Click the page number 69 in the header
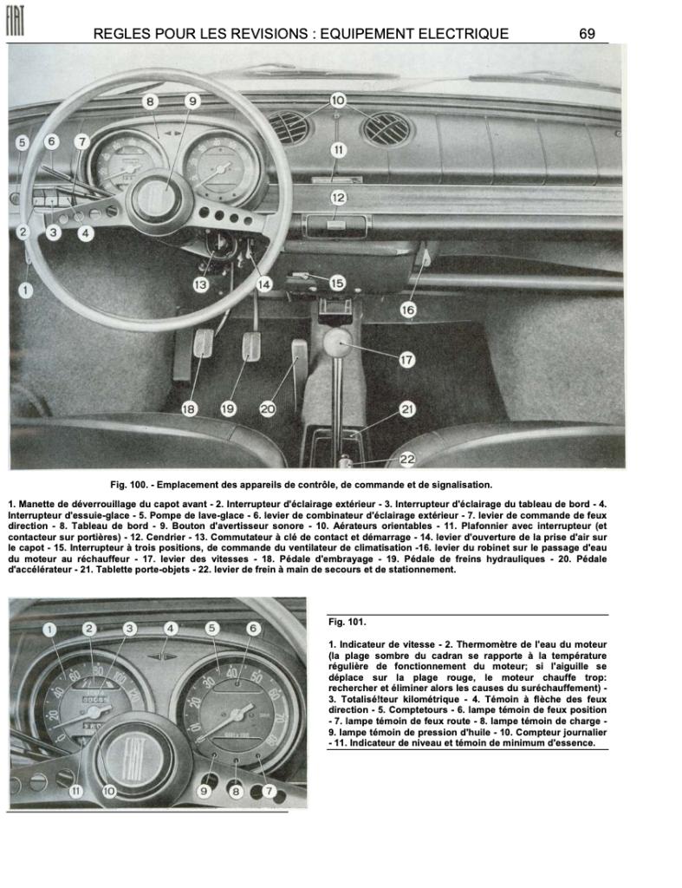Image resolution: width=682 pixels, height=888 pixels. (x=587, y=34)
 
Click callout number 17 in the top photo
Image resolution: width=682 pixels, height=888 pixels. (x=407, y=360)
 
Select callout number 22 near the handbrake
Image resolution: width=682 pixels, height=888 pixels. (x=407, y=459)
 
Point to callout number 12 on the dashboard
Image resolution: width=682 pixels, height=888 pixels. (x=338, y=198)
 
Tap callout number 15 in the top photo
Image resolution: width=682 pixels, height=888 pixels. (x=336, y=283)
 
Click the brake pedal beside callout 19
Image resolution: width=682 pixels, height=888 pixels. (x=251, y=345)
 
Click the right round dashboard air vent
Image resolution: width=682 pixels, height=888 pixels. (x=386, y=129)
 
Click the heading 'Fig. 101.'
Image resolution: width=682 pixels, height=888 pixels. (x=347, y=622)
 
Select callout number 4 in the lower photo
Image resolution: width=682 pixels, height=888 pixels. (x=172, y=629)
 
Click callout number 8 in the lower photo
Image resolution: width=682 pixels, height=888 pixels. (x=234, y=790)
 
